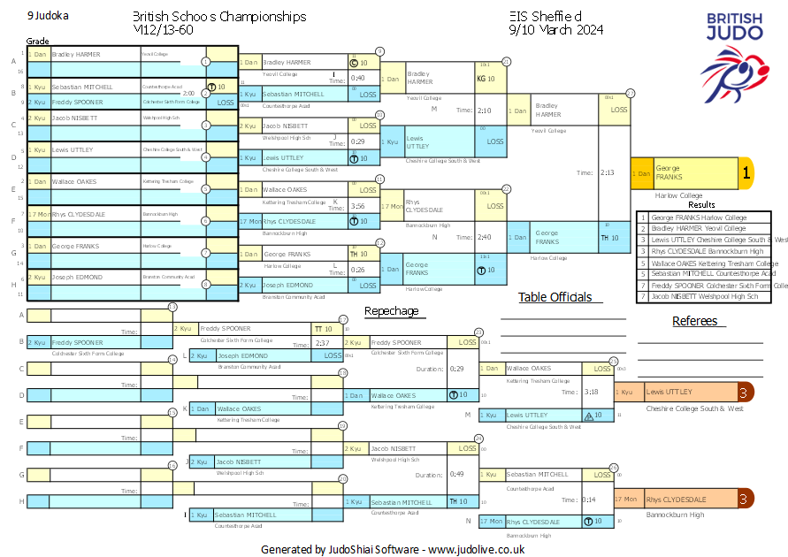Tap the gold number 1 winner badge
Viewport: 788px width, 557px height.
[x=746, y=174]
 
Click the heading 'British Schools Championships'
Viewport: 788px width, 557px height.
[x=218, y=17]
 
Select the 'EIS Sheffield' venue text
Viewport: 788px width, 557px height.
[x=546, y=17]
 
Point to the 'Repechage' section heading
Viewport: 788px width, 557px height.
[x=391, y=311]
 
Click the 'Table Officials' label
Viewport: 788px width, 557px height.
[x=555, y=297]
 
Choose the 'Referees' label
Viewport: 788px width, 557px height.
[x=694, y=321]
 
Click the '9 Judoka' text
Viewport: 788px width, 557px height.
[x=49, y=16]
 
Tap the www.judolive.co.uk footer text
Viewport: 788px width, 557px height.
[x=476, y=549]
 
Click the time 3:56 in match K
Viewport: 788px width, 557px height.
[x=357, y=206]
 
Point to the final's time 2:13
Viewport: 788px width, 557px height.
[x=608, y=173]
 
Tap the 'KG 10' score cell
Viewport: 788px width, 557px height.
[x=486, y=79]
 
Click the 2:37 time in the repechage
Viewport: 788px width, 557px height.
[x=322, y=343]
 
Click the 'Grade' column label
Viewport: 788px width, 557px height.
[x=37, y=41]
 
